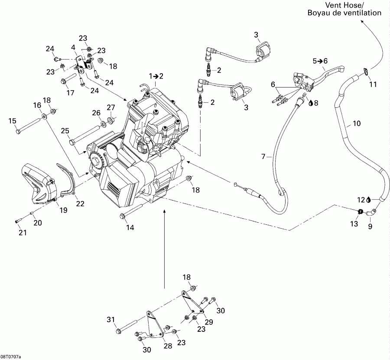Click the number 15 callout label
pyautogui.click(x=12, y=121)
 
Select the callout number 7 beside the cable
pyautogui.click(x=263, y=156)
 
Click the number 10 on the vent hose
pyautogui.click(x=357, y=123)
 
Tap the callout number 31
pyautogui.click(x=111, y=319)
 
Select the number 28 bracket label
pyautogui.click(x=168, y=346)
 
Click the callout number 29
pyautogui.click(x=209, y=322)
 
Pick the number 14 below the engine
pyautogui.click(x=130, y=227)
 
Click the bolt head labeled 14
pyautogui.click(x=122, y=216)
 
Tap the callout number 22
pyautogui.click(x=80, y=204)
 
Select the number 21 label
pyautogui.click(x=23, y=233)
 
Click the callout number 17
pyautogui.click(x=70, y=93)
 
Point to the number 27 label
pyautogui.click(x=111, y=107)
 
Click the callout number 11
pyautogui.click(x=373, y=84)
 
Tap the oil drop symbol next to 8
pyautogui.click(x=311, y=103)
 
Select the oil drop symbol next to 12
pyautogui.click(x=368, y=200)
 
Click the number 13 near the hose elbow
pyautogui.click(x=354, y=224)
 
